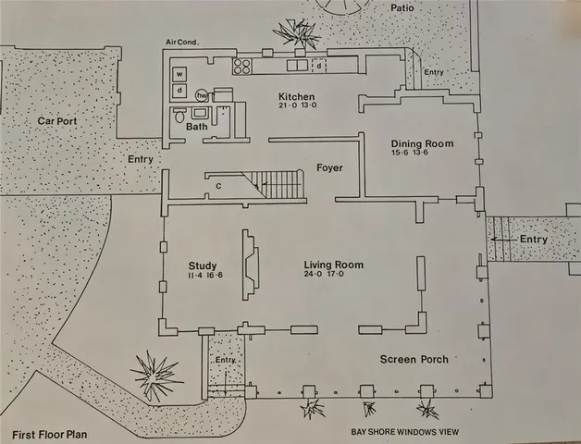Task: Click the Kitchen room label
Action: [x=297, y=97]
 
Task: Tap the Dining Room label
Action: [x=422, y=142]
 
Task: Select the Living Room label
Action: [x=333, y=265]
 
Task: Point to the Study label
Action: [x=202, y=265]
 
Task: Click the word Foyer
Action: [x=329, y=168]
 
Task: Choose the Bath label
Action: [x=196, y=127]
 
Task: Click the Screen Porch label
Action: [x=414, y=359]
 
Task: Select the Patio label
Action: [x=402, y=7]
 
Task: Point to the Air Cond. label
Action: [x=183, y=43]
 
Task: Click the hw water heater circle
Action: [x=202, y=94]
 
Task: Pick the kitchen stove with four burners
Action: [x=243, y=66]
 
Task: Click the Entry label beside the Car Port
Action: [x=140, y=160]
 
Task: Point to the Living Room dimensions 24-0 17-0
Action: [x=333, y=275]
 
